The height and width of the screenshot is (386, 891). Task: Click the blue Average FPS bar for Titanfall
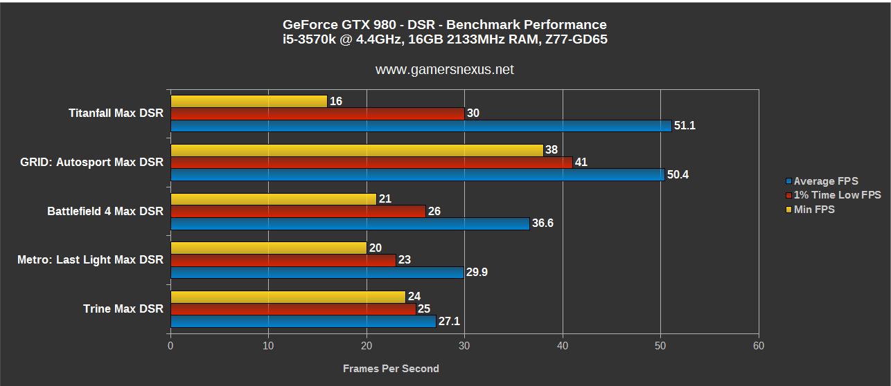[421, 126]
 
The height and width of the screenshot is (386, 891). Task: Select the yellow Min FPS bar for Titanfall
[249, 101]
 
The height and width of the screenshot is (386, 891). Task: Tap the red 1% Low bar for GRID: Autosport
[371, 163]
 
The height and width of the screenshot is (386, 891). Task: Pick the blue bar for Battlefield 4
[350, 223]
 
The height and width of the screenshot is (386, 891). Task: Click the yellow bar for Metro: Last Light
[268, 248]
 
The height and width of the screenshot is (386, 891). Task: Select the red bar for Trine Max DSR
[293, 309]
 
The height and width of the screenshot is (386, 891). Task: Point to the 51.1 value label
[685, 126]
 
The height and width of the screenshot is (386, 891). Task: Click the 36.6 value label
[542, 223]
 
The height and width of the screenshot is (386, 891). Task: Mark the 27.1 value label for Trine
[449, 322]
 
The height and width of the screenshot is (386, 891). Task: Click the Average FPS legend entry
[825, 181]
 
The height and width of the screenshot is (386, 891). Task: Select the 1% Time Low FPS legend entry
[837, 195]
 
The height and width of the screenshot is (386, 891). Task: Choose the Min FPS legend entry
[813, 209]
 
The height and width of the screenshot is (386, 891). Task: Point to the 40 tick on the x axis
[563, 346]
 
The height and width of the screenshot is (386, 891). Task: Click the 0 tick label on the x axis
[170, 346]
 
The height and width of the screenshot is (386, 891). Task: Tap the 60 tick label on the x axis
[759, 346]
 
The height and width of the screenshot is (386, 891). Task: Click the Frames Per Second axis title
[391, 369]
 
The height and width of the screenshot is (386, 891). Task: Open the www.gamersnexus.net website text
[445, 70]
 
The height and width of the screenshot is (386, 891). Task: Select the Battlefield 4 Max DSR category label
[105, 211]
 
